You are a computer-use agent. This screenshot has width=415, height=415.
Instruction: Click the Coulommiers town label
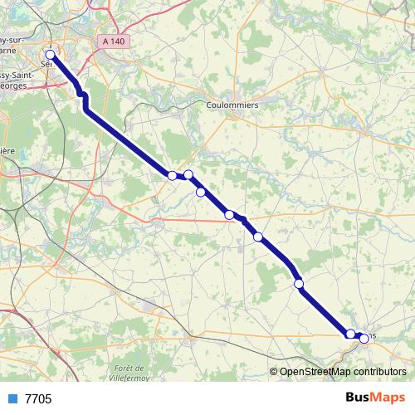[232, 105]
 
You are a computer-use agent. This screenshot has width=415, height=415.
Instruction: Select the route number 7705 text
[38, 399]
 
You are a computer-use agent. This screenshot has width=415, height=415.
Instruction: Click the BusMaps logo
[375, 398]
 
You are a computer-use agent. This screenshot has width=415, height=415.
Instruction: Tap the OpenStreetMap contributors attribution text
[343, 372]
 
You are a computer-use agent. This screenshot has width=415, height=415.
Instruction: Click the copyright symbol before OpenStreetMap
[274, 372]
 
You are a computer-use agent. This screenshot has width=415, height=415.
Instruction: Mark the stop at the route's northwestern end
[50, 55]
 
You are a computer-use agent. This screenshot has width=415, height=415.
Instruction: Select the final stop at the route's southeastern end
[364, 339]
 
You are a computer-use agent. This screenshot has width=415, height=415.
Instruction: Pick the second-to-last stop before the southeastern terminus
[350, 334]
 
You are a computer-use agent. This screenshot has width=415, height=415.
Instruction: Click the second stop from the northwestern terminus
[172, 175]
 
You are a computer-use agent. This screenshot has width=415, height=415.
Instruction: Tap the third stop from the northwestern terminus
[188, 174]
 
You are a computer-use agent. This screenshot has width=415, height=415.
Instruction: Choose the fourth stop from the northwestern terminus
[201, 193]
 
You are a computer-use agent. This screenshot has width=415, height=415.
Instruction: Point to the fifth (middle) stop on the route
[229, 215]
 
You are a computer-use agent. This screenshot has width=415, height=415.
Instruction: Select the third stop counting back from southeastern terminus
[299, 285]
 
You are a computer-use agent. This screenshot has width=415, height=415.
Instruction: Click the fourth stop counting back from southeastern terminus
[258, 237]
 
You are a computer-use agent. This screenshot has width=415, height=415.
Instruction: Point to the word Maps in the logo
[388, 398]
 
